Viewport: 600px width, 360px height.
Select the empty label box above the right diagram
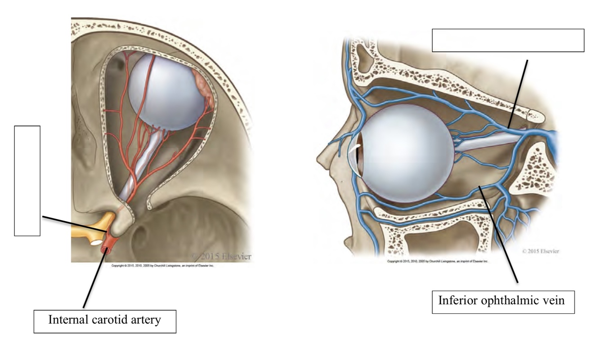508,40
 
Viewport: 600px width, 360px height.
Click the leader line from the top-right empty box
518,92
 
